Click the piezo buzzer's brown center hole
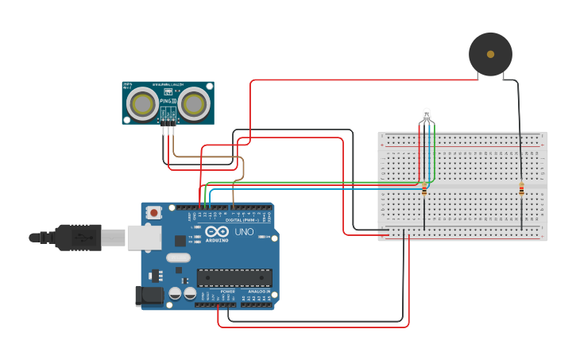[490, 54]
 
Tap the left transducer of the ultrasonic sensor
[144, 103]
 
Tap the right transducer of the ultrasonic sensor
[193, 103]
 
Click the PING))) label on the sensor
[168, 101]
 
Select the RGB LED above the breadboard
[427, 114]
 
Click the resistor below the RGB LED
[424, 190]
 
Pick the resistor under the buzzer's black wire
[521, 189]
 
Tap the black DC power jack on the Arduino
[149, 296]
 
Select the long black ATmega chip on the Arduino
[234, 277]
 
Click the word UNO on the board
[243, 232]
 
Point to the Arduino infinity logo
[217, 232]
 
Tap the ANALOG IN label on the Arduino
[259, 292]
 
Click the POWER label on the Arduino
[227, 292]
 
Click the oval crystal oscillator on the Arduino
[179, 257]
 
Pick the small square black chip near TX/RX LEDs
[180, 239]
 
